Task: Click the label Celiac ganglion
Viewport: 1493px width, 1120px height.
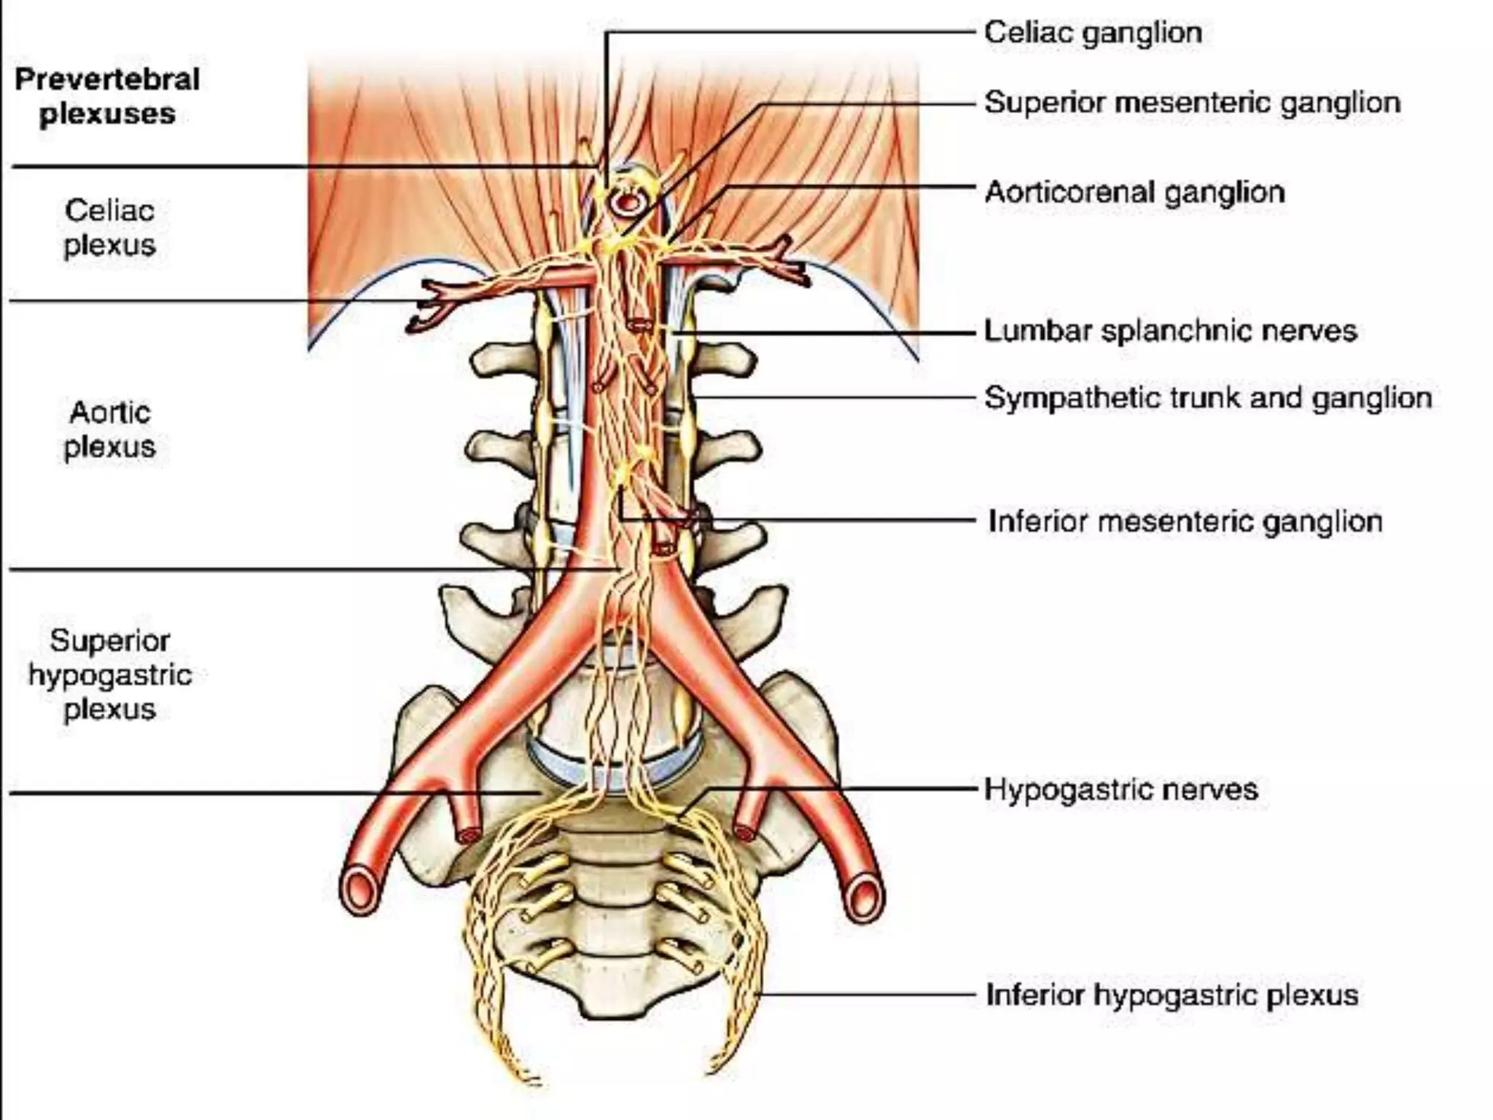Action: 1093,33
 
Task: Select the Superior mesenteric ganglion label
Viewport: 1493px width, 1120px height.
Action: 1192,103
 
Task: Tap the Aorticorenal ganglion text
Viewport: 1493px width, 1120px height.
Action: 1134,192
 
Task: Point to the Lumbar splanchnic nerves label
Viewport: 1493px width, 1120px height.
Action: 1170,331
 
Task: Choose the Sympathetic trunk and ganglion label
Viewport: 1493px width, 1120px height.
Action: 1208,398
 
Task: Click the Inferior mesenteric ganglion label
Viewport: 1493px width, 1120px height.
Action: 1185,521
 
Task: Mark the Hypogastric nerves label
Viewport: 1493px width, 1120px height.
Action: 1121,790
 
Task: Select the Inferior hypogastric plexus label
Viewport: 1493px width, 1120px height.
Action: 1172,995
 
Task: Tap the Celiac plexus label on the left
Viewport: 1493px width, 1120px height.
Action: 109,227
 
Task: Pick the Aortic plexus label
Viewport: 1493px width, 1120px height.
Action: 109,429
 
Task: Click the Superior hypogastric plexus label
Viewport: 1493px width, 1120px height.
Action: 109,674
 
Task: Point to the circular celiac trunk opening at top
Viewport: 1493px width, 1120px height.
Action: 625,201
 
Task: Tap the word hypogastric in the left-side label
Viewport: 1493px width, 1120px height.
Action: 110,675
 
